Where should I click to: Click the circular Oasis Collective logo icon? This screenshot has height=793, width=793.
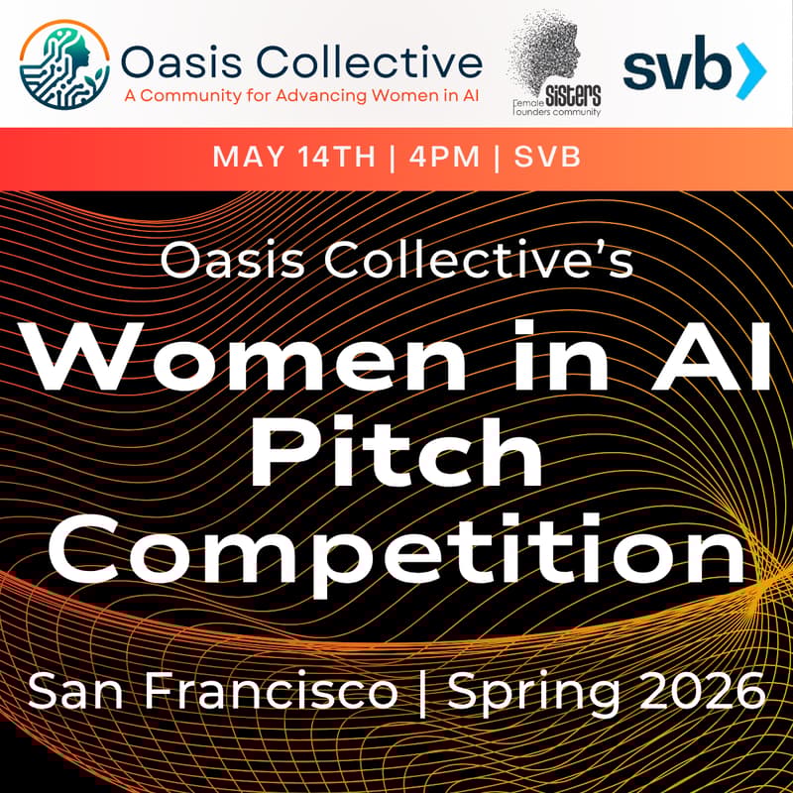click(x=64, y=66)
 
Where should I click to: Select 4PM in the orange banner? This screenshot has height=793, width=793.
click(x=442, y=158)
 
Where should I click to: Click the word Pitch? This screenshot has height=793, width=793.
click(x=396, y=456)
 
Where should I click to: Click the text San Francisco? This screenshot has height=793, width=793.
click(x=212, y=691)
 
